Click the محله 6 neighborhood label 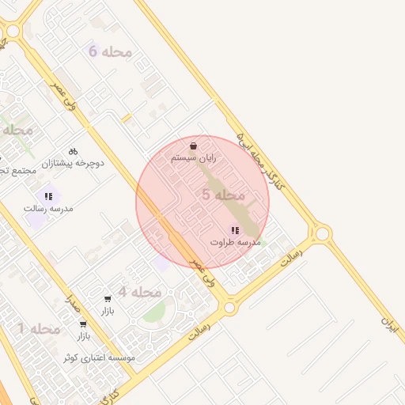[x=110, y=52]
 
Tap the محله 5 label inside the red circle [x=225, y=195]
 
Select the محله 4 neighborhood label [x=140, y=292]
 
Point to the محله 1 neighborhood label [x=39, y=328]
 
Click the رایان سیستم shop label [x=194, y=159]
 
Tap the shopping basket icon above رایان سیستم [x=194, y=146]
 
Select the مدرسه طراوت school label [x=235, y=241]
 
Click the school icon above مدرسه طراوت [x=235, y=229]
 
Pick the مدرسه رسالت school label [x=49, y=208]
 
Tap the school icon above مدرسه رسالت [x=48, y=195]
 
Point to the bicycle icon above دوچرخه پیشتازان [x=73, y=150]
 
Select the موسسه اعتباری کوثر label [x=99, y=358]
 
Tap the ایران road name [x=388, y=323]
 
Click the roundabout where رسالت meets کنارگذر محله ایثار [x=321, y=233]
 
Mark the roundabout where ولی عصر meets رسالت [x=229, y=307]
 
